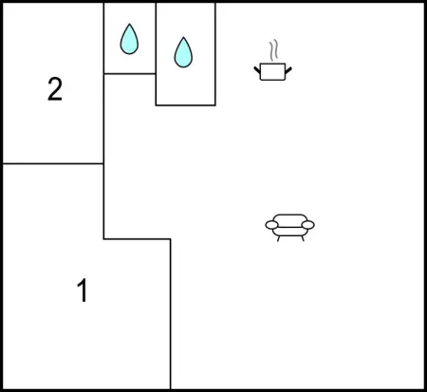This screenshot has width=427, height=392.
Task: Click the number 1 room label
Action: pos(83,290)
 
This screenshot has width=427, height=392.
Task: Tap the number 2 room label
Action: pos(55,89)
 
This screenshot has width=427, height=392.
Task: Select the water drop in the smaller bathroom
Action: pos(129,39)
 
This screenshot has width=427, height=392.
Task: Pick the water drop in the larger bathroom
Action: pos(183,52)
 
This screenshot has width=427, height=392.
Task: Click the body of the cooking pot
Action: pos(272,72)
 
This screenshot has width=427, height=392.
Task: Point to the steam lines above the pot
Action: pos(274,50)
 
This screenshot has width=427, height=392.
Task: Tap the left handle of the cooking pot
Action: pos(257,70)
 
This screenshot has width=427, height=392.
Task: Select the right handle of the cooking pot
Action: pos(288,70)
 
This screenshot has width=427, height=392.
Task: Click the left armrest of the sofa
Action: pos(271,225)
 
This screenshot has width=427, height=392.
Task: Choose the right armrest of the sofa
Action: pos(307,225)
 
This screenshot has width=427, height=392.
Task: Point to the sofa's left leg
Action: pos(279,238)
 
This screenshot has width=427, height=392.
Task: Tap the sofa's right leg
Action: pos(303,238)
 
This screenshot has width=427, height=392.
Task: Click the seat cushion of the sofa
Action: pos(290,232)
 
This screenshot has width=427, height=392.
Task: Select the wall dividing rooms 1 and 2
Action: pos(53,163)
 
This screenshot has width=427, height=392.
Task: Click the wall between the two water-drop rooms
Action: pos(156,38)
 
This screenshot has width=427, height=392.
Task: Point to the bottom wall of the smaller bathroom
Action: pos(130,74)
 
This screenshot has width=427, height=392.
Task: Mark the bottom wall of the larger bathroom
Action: pos(186,105)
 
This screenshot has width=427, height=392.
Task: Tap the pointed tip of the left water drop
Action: pos(129,24)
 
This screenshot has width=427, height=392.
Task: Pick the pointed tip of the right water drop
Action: pos(183,37)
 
